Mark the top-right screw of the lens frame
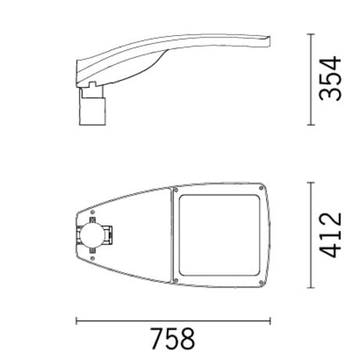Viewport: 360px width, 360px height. (258, 189)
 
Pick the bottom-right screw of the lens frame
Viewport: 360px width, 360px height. (258, 280)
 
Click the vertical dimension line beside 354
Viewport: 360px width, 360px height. (312, 79)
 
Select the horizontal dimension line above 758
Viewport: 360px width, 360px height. (172, 319)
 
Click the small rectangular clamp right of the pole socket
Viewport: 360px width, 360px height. (112, 234)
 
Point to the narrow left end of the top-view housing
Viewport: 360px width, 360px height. (77, 234)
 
